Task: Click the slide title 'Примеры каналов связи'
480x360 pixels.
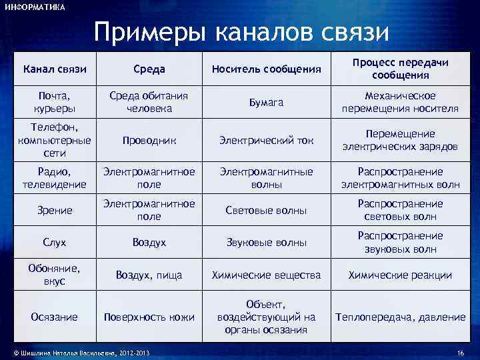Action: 241,31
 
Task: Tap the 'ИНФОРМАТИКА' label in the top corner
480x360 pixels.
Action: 35,7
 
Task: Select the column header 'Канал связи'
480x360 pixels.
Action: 55,68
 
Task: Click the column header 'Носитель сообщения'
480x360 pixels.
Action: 267,68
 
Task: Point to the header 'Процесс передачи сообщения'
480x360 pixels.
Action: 400,68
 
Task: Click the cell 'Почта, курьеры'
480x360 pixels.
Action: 55,102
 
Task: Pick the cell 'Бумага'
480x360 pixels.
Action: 267,102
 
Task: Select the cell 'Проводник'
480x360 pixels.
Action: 149,141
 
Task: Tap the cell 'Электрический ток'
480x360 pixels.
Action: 267,141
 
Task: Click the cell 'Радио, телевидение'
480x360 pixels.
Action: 55,178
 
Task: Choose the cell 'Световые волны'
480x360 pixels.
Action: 267,211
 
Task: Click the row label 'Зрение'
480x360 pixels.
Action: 55,211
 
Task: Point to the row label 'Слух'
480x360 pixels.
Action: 55,243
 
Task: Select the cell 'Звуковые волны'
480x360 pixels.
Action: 267,243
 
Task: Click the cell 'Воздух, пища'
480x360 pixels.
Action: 149,275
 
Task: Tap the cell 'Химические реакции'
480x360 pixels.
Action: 400,275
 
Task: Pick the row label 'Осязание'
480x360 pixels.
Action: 55,317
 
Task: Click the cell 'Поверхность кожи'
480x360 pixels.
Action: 149,317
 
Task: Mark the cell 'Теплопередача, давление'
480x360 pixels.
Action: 400,317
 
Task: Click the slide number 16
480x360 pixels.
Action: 460,352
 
